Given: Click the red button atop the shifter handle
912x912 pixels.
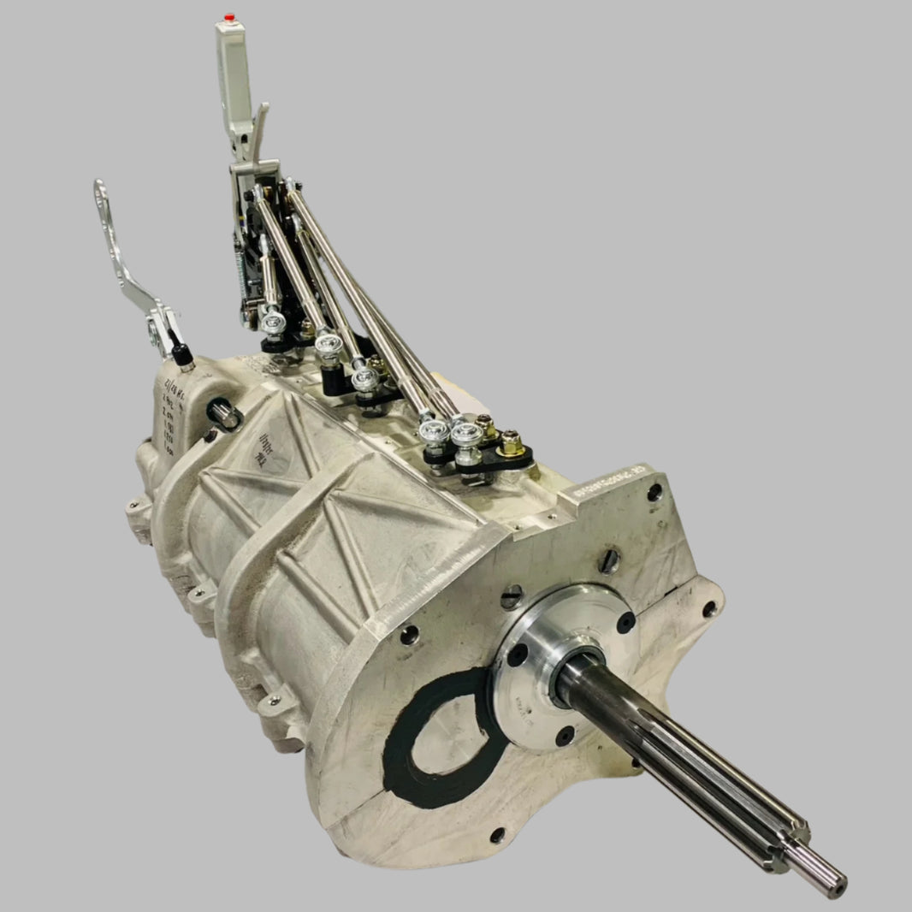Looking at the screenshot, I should pyautogui.click(x=228, y=16).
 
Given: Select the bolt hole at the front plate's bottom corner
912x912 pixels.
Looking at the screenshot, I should pyautogui.click(x=497, y=834).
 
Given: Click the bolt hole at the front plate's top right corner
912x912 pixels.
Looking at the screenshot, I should pyautogui.click(x=654, y=492).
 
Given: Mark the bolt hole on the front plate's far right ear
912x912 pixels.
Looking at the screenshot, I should pyautogui.click(x=709, y=609).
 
